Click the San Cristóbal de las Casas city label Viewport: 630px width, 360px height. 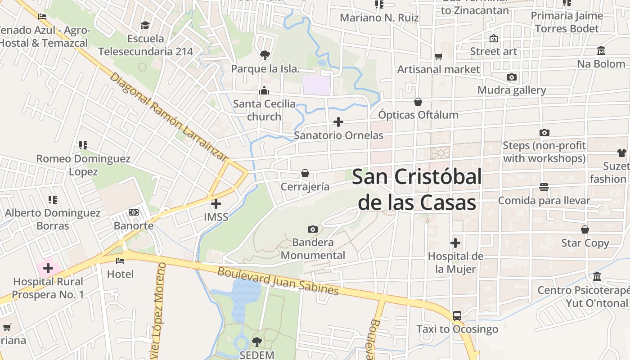point(417,189)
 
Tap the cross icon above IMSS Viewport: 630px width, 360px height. point(216,204)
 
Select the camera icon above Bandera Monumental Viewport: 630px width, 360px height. point(313,229)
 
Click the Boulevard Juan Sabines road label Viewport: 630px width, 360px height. point(278,281)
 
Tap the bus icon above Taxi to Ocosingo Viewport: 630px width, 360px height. point(457,315)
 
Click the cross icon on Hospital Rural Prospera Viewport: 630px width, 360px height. point(48,269)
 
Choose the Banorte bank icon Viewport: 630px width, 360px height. point(134,212)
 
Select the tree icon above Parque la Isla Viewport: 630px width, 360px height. point(265,55)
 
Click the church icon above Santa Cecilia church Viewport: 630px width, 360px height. point(264,90)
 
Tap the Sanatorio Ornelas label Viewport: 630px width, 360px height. point(338,135)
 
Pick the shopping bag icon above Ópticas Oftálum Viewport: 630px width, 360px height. point(418,102)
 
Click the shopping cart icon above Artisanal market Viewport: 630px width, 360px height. point(439,56)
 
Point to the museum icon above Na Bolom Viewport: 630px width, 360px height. point(601,50)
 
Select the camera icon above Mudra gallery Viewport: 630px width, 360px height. point(511,77)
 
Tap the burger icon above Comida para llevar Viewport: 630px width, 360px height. point(544,187)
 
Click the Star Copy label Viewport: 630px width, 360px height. point(585,243)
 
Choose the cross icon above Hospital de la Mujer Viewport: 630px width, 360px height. point(455,243)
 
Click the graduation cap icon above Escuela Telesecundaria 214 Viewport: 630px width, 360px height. point(145,25)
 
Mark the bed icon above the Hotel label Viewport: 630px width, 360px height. point(120,261)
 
